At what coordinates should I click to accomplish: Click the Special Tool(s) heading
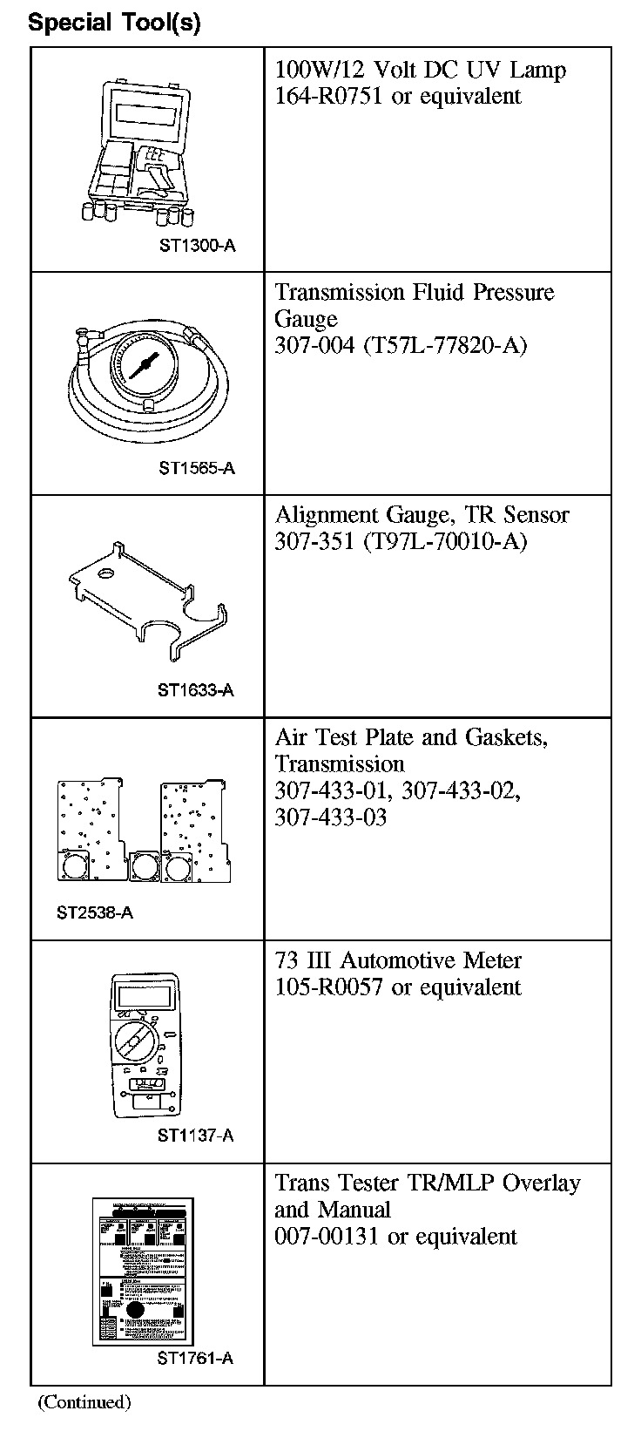(114, 23)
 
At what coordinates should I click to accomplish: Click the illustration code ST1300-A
(197, 245)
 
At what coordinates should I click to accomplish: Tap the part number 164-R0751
(329, 96)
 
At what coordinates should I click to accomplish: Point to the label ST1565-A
(197, 468)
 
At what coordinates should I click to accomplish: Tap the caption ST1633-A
(196, 690)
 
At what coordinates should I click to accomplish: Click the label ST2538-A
(95, 912)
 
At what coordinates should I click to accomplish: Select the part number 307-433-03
(331, 817)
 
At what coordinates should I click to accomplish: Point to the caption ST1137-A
(196, 1135)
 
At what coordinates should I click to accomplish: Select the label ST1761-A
(196, 1358)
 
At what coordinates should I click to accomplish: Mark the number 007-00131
(327, 1236)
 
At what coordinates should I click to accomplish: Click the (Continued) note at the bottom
(84, 1402)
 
